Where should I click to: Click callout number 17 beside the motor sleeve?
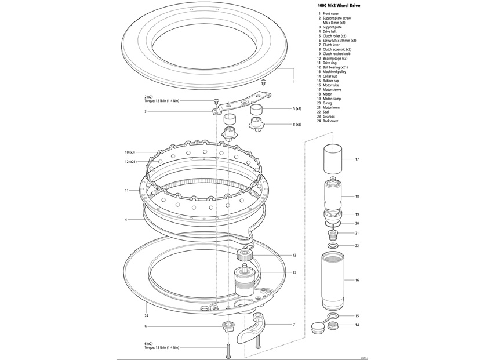click(357, 159)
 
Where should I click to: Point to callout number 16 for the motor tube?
click(357, 280)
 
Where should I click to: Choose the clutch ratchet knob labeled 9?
click(228, 326)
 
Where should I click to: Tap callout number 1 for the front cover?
click(294, 82)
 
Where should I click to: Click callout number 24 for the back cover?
click(147, 316)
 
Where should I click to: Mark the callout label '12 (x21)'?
click(132, 161)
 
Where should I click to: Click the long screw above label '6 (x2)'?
click(228, 350)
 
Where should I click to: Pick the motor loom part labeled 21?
click(333, 234)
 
